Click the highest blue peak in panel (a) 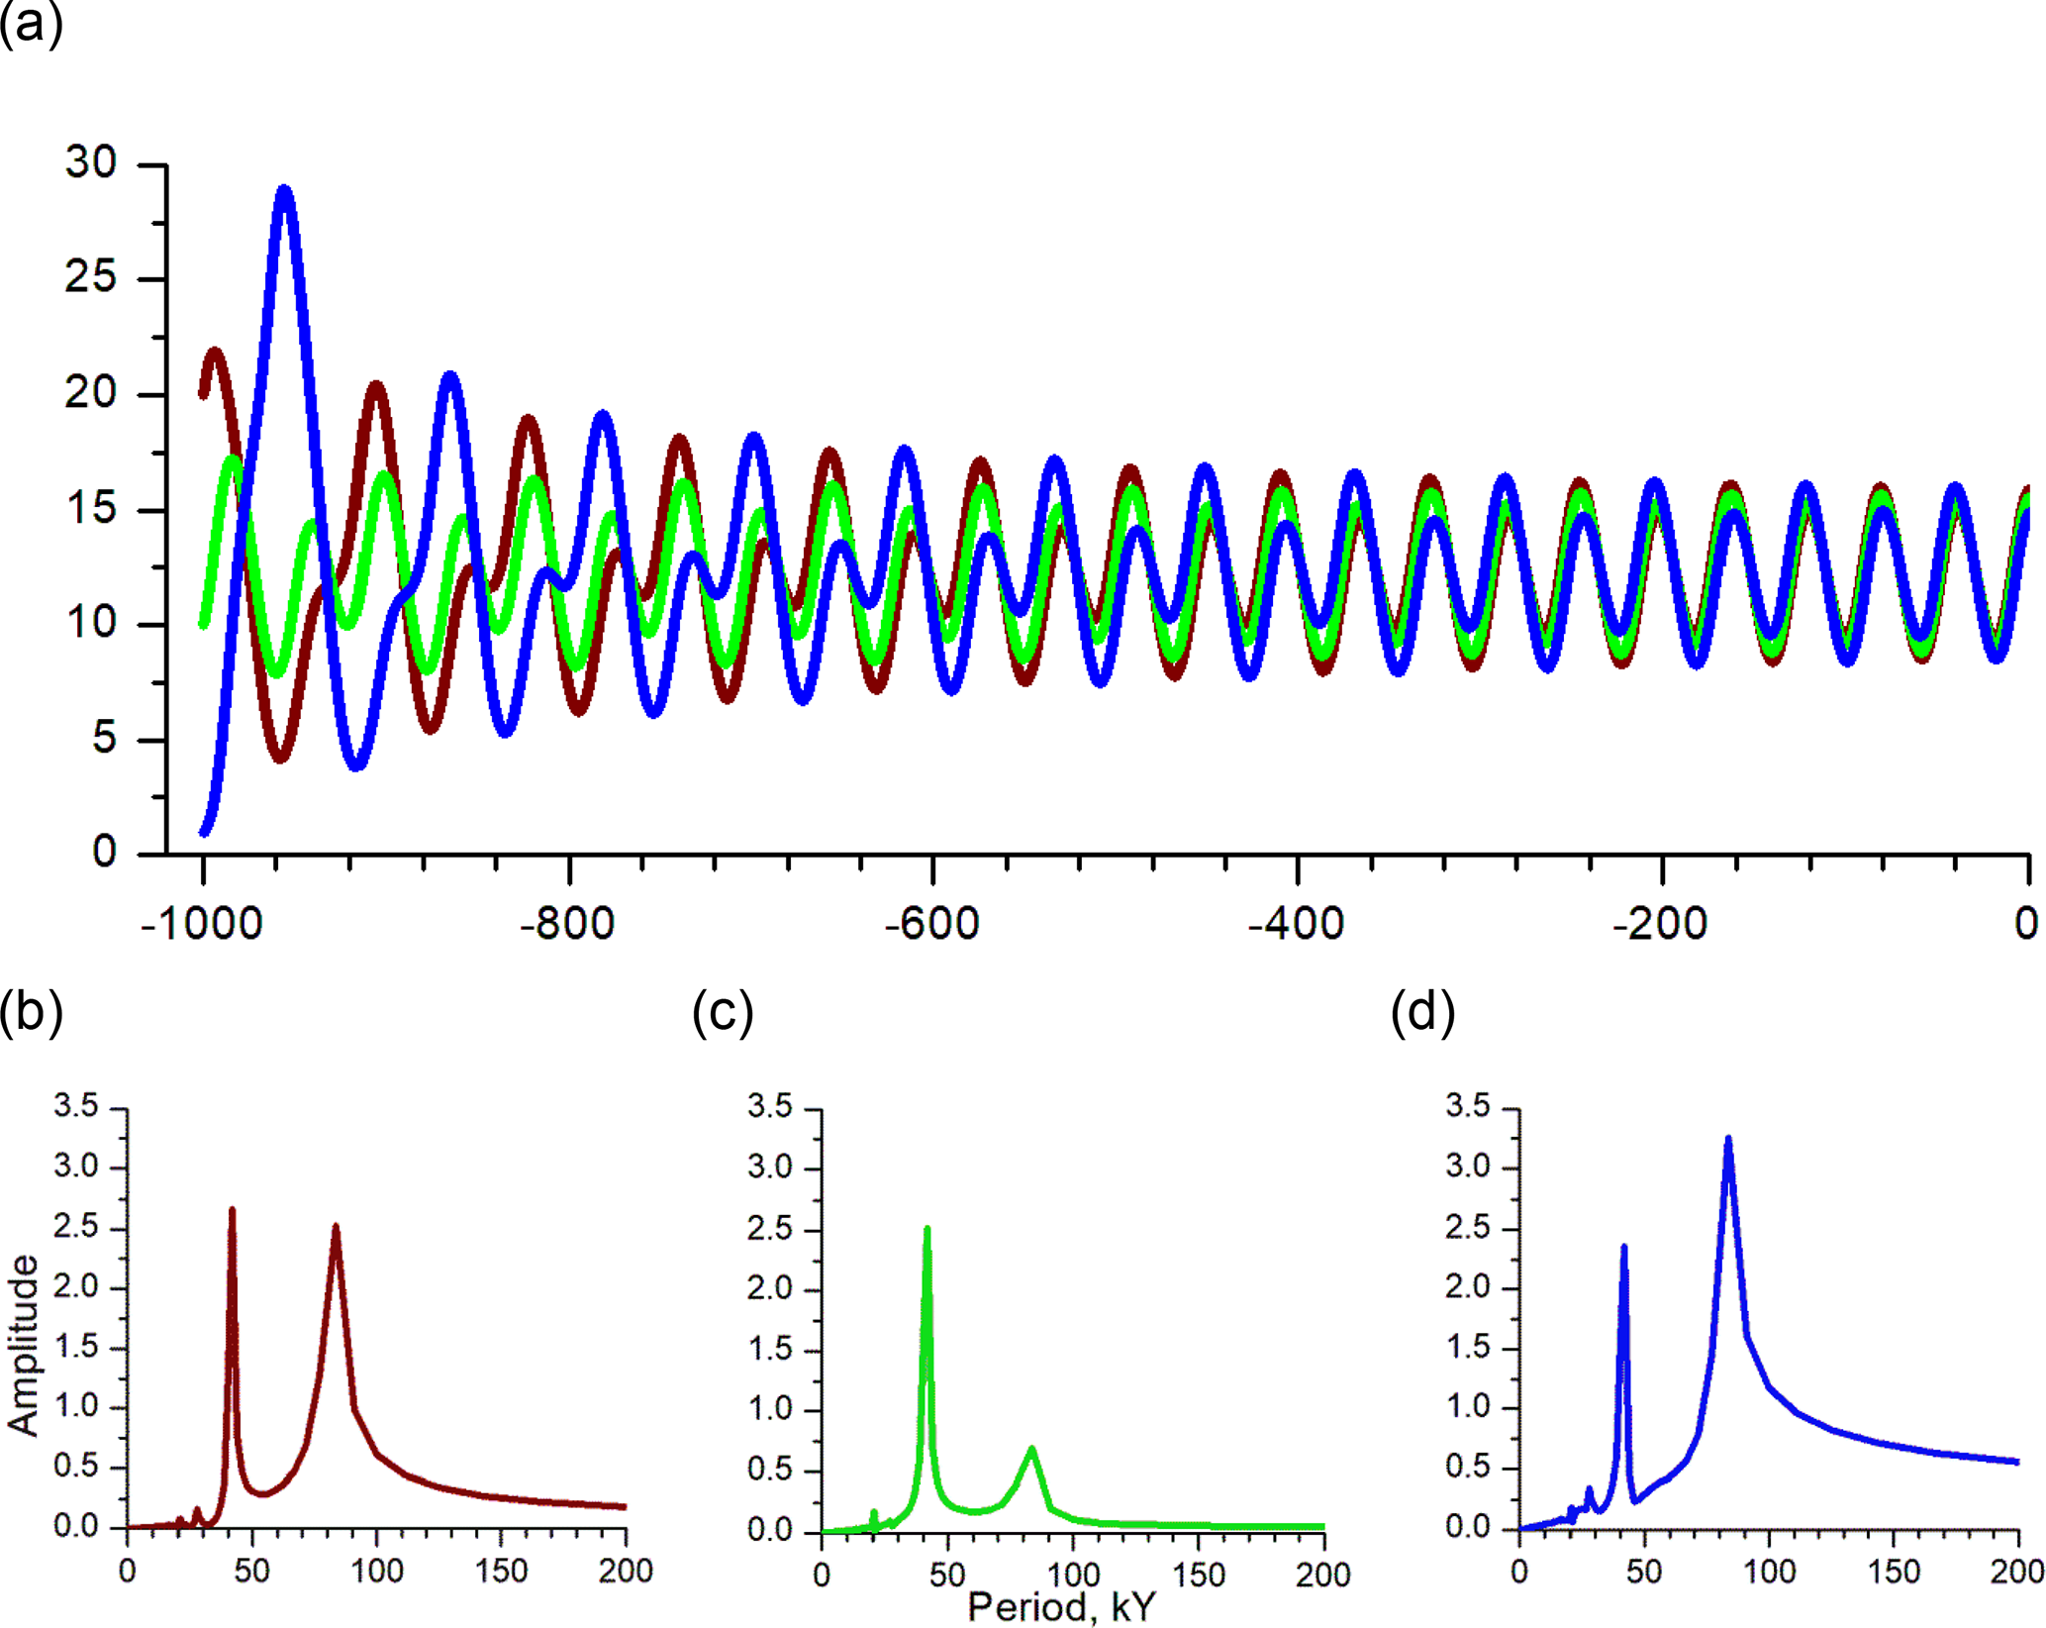[285, 190]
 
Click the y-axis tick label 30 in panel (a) [91, 162]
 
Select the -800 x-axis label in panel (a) [568, 924]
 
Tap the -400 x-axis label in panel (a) [1297, 924]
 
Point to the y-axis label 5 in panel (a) [104, 738]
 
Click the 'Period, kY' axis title [1062, 1606]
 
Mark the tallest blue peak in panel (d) [1728, 1141]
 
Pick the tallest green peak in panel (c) [926, 1231]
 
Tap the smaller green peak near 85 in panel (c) [1032, 1450]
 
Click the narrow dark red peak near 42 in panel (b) [233, 1211]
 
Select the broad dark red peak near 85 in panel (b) [336, 1228]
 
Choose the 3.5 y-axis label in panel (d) [1468, 1106]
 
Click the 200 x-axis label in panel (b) [626, 1571]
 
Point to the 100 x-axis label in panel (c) [1073, 1574]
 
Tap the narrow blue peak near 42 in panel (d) [1623, 1249]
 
